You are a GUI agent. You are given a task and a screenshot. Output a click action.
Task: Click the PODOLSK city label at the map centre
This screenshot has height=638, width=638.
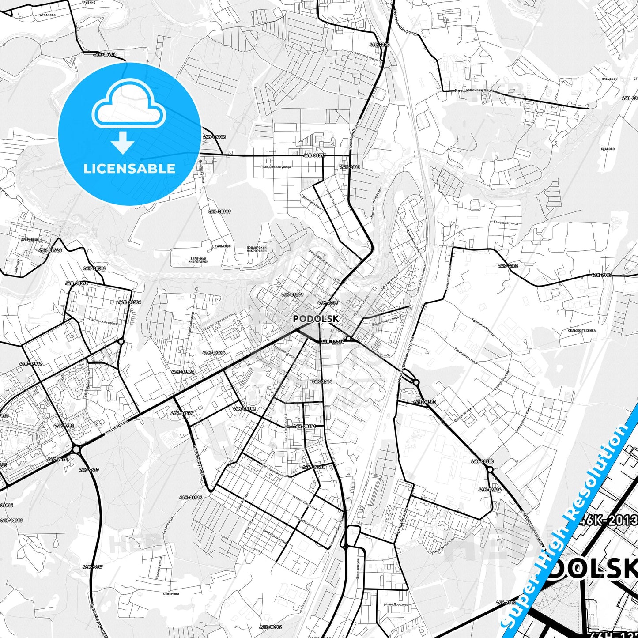[316, 318]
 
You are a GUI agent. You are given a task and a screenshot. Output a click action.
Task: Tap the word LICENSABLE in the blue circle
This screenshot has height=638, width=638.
[129, 168]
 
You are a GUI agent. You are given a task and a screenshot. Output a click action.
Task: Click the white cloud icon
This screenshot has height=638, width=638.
[129, 105]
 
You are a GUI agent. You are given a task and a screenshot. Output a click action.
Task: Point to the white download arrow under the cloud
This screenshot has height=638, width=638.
[123, 143]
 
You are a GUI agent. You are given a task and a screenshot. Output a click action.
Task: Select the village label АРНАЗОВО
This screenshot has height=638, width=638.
[47, 15]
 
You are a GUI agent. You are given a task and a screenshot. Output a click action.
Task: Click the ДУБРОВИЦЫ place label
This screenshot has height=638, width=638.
[30, 239]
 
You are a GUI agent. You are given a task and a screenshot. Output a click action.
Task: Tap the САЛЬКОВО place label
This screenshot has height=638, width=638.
[223, 246]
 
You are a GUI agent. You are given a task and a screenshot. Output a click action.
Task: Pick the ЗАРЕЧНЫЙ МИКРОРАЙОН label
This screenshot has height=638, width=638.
[199, 260]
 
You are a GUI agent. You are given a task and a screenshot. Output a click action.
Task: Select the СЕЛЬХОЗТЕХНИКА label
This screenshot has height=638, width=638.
[582, 330]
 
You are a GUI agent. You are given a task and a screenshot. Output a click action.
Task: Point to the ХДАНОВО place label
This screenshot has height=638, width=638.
[608, 149]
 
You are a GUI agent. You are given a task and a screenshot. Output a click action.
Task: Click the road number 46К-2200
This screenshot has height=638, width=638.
[379, 45]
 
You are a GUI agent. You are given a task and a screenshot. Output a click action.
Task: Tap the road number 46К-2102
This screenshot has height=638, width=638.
[508, 266]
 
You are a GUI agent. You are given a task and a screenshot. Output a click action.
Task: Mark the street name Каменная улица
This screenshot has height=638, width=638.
[506, 223]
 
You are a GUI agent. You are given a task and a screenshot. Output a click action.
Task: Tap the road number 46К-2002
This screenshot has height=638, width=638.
[506, 602]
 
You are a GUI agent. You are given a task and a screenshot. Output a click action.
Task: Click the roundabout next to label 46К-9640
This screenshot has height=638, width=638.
[76, 449]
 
